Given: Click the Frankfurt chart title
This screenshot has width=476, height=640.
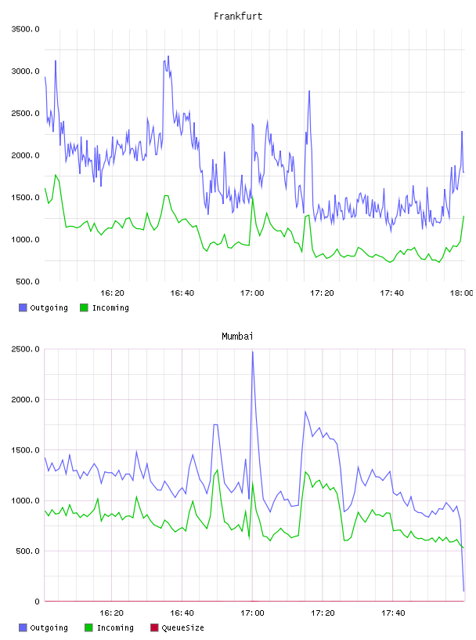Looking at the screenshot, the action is click(x=238, y=16).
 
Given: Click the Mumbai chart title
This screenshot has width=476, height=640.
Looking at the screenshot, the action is click(x=237, y=336).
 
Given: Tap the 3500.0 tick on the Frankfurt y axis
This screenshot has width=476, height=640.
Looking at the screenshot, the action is click(x=25, y=29).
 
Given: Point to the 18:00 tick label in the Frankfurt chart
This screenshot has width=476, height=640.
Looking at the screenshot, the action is click(x=461, y=293).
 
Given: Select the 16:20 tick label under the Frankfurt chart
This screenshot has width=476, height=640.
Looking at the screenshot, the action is click(x=112, y=293).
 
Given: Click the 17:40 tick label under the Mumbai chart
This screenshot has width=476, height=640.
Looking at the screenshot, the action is click(x=393, y=613).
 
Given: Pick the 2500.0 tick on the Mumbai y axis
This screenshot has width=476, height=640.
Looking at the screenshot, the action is click(x=25, y=349).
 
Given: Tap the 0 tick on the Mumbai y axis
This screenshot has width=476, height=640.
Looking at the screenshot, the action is click(x=37, y=602).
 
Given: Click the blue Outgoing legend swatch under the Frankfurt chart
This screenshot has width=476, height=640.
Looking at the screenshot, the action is click(x=23, y=307).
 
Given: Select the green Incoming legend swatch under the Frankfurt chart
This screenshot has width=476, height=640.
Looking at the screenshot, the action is click(x=84, y=307).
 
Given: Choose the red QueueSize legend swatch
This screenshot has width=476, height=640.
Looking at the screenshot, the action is click(x=154, y=627).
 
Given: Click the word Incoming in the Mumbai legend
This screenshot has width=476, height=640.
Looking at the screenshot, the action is click(x=115, y=628).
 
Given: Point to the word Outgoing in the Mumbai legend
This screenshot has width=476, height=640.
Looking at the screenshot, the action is click(x=49, y=628).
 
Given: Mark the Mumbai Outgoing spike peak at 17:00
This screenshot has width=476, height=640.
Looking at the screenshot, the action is click(x=253, y=351).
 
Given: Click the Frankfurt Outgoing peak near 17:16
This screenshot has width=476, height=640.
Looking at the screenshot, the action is click(x=309, y=91).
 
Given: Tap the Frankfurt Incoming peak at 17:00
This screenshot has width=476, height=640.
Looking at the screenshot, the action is click(x=252, y=196).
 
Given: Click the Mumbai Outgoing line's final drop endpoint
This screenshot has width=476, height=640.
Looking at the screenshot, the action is click(x=463, y=591).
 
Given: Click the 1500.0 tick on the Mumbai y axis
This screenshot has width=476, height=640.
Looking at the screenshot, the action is click(x=25, y=450).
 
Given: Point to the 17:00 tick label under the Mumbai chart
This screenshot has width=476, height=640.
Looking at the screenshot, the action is click(x=252, y=613).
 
